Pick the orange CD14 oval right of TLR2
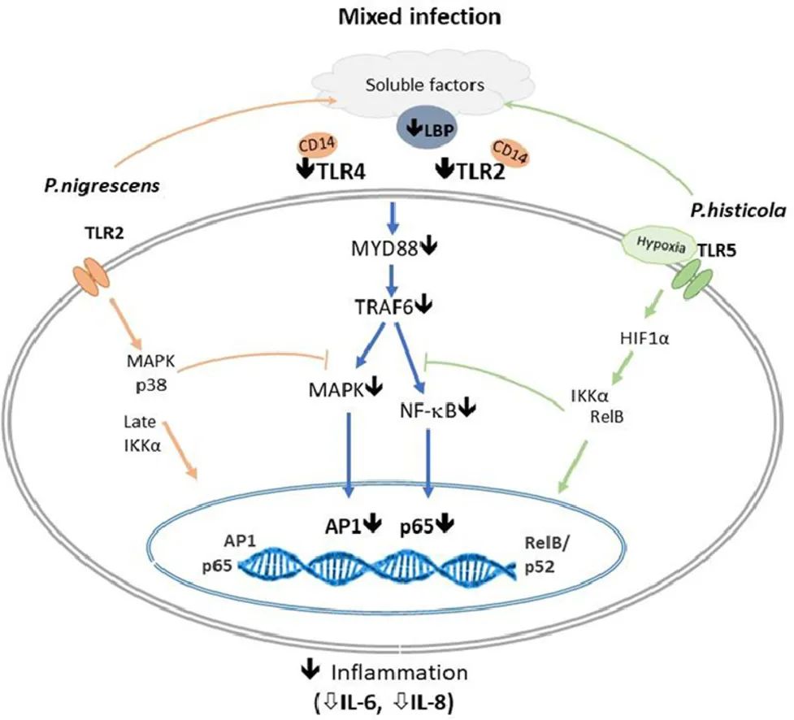[x=508, y=151]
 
